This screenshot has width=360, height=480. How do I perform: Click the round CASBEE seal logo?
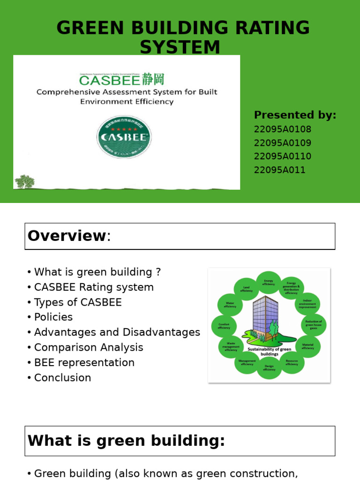coord(124,137)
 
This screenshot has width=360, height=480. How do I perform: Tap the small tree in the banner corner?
coord(24,181)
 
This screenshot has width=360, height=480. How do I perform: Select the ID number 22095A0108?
coord(282,129)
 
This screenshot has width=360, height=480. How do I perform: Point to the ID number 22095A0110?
coord(282,157)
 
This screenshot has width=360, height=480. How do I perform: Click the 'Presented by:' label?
coord(295,115)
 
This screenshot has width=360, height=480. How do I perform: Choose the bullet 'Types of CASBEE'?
coord(78,302)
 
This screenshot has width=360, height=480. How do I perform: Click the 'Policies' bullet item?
coord(53,317)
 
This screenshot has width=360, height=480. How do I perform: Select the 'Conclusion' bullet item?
coord(62,378)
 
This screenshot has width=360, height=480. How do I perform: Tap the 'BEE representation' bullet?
coord(84,363)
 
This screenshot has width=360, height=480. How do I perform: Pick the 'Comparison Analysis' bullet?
coord(89,347)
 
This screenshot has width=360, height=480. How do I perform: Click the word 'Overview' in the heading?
coord(67,236)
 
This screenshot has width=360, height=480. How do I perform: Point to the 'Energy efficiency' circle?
coord(269,283)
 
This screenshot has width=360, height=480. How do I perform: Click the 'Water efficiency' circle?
coord(230,305)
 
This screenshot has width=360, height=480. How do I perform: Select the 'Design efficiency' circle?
coord(269,367)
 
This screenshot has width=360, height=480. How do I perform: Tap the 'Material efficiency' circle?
coord(307,346)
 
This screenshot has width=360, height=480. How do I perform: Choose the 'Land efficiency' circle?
coord(246,289)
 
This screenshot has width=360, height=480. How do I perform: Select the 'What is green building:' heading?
coord(127,441)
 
